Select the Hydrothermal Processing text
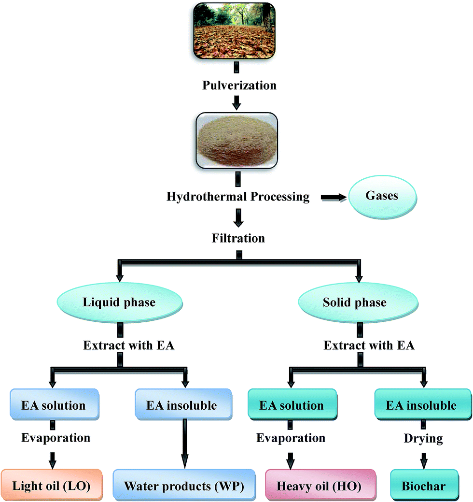tap(237, 197)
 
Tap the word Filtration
tap(237, 238)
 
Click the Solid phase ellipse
tap(355, 303)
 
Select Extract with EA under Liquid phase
tap(128, 345)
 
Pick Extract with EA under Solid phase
tap(369, 345)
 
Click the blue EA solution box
tap(54, 405)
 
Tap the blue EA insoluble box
tap(181, 405)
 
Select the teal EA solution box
tap(291, 405)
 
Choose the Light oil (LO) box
tap(51, 485)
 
